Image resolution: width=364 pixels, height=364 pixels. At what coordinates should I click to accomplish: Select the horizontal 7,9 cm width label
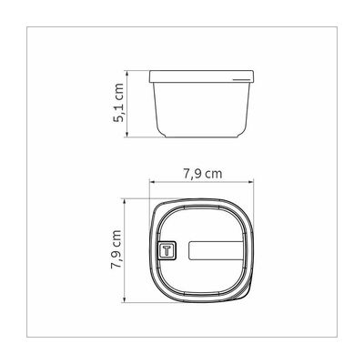pyautogui.click(x=203, y=174)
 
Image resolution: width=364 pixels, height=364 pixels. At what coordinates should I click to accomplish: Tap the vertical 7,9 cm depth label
pyautogui.click(x=116, y=249)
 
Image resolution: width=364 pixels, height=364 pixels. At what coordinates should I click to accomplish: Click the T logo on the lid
pyautogui.click(x=167, y=250)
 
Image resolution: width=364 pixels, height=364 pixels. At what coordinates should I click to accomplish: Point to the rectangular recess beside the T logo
pyautogui.click(x=216, y=250)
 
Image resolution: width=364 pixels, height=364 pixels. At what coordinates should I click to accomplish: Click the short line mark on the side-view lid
pyautogui.click(x=241, y=80)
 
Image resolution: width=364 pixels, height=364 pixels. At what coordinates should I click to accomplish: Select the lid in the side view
pyautogui.click(x=201, y=76)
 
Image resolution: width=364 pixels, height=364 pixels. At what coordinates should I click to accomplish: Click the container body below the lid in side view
pyautogui.click(x=201, y=110)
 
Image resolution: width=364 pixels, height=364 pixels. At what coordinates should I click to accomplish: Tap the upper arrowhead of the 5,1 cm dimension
pyautogui.click(x=127, y=73)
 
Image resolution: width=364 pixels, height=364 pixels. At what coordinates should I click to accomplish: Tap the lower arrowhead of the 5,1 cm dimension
pyautogui.click(x=127, y=134)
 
